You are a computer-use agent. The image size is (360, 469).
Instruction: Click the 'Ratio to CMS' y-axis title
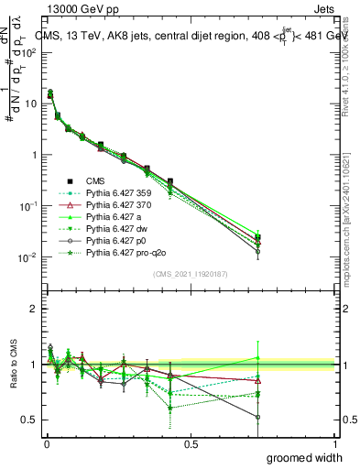[16, 379]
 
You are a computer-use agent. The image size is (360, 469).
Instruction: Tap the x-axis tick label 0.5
[191, 442]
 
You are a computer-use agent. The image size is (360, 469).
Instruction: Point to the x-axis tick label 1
[333, 442]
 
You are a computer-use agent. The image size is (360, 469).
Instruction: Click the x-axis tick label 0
[47, 442]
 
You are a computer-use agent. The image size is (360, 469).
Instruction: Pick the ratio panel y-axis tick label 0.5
[30, 420]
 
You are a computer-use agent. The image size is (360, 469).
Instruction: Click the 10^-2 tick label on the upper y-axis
[27, 257]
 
